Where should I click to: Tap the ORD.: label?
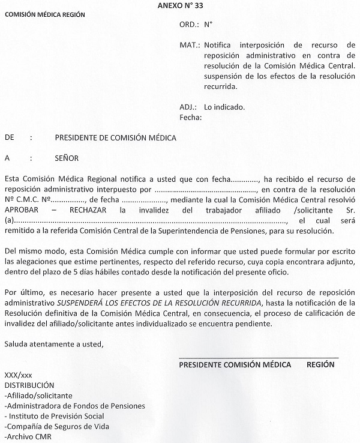pos(189,25)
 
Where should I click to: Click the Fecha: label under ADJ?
pos(190,117)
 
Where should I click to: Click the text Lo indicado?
pos(225,107)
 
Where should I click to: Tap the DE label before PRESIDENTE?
pos(9,137)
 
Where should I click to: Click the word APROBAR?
pos(22,211)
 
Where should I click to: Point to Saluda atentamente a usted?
pos(53,343)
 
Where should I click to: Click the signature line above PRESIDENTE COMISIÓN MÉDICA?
pos(259,358)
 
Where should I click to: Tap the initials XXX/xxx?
pos(18,375)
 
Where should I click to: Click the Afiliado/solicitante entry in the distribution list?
pos(38,396)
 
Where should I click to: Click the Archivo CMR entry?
pos(28,436)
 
